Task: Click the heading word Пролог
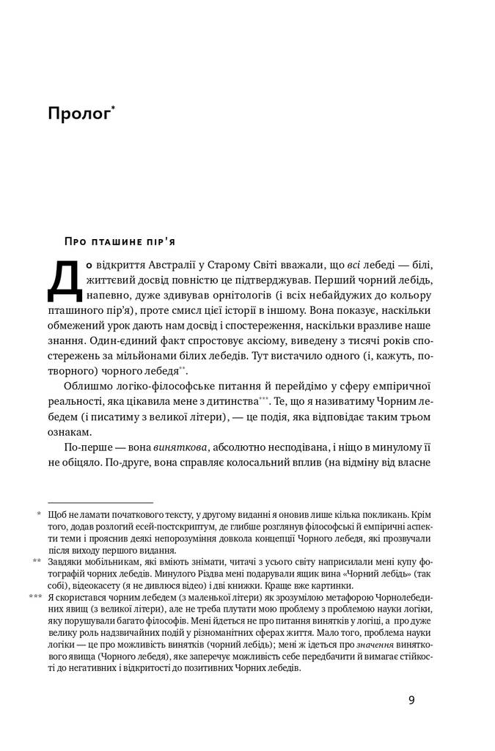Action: coord(78,114)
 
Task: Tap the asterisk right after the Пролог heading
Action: coord(114,108)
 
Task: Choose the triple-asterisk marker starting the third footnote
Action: coord(34,597)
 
